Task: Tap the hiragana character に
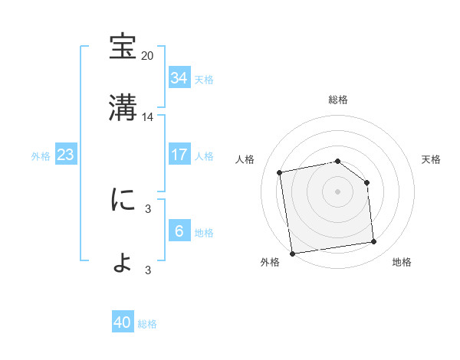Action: (123, 201)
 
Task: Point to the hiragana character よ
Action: (123, 262)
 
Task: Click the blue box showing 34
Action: (179, 78)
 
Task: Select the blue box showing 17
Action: (179, 155)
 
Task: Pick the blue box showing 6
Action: (179, 231)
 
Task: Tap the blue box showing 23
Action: (65, 155)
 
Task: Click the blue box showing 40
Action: (123, 323)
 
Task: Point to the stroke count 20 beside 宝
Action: (148, 56)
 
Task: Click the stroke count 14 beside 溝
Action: (148, 117)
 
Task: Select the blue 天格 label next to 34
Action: (204, 80)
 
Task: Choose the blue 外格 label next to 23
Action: (41, 156)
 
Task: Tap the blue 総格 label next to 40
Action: (147, 325)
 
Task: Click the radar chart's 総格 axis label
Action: (338, 100)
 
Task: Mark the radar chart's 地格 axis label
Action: (402, 262)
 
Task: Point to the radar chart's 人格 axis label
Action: (245, 159)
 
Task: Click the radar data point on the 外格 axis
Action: (292, 253)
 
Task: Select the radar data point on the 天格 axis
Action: (366, 182)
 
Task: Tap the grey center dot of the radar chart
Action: (338, 191)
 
